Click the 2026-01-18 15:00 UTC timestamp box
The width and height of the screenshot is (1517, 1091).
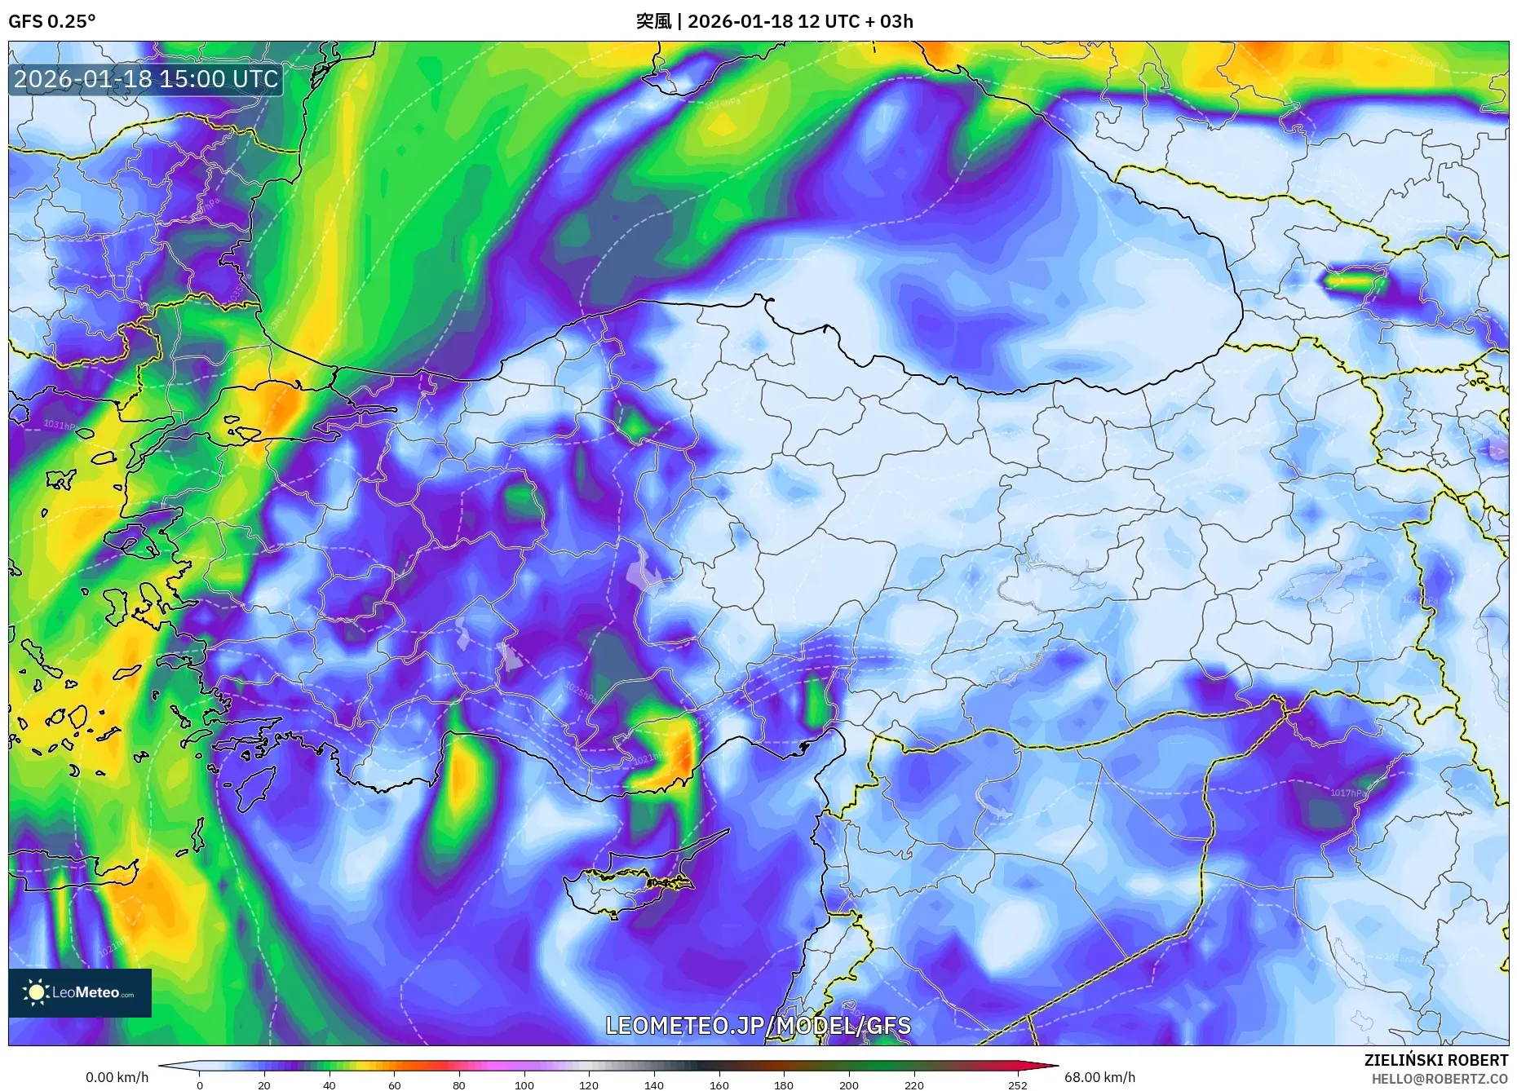tap(147, 79)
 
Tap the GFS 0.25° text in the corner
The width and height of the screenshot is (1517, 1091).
tap(51, 21)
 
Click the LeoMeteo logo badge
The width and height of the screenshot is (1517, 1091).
tap(80, 992)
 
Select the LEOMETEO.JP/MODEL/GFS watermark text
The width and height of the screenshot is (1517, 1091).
tap(758, 1026)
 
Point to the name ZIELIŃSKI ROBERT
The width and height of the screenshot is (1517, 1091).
tap(1435, 1060)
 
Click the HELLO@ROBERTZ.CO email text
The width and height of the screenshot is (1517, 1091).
tap(1440, 1079)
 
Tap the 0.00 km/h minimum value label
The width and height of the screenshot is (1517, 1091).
tap(117, 1077)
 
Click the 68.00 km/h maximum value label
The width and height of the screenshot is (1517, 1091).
tap(1099, 1077)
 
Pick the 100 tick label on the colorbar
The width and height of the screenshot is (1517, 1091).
tap(524, 1085)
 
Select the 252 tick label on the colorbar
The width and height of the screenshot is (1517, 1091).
tap(1017, 1085)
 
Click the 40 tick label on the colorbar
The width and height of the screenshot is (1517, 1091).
tap(329, 1085)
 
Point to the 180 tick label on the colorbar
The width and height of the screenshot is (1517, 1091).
tap(783, 1085)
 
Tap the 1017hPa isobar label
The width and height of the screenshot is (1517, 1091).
tap(1347, 793)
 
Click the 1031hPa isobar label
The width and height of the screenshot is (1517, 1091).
tap(60, 425)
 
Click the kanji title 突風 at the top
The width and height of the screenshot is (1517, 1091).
tap(653, 21)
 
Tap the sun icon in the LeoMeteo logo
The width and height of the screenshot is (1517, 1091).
tap(37, 992)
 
